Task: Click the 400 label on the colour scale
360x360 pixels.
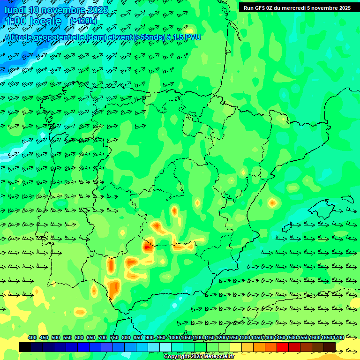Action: (32, 337)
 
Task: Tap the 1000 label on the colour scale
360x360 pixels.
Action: (174, 337)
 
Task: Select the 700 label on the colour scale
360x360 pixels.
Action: (103, 337)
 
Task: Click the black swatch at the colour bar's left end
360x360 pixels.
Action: (25, 347)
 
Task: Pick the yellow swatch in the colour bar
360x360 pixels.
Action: (236, 347)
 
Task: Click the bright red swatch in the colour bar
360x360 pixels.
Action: (283, 347)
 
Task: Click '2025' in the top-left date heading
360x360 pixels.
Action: (97, 10)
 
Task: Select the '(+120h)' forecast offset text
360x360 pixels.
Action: (83, 21)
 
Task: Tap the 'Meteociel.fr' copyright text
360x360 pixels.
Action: (216, 357)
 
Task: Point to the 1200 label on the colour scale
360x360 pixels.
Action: (221, 337)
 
